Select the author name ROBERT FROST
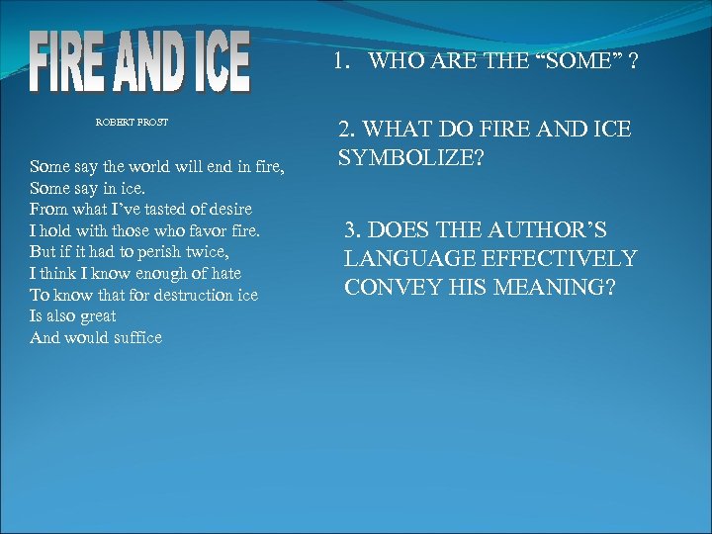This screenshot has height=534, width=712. [132, 123]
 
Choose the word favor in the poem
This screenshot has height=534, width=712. [201, 230]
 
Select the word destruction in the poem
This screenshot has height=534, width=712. [180, 295]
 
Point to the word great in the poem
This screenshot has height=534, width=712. [98, 316]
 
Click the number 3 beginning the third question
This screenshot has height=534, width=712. [350, 231]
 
